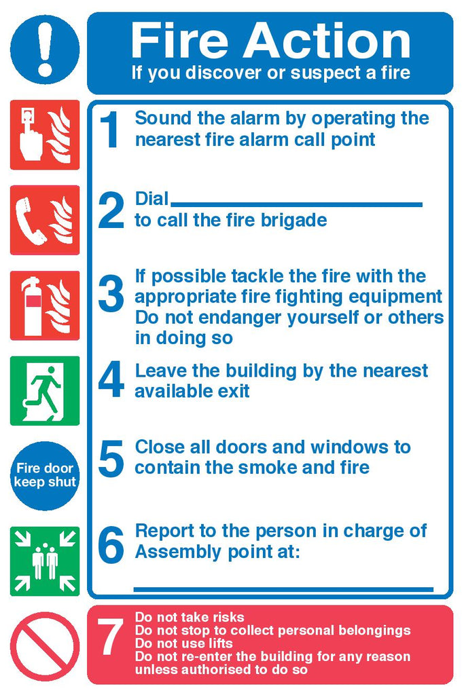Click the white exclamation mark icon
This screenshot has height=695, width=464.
pos(45,49)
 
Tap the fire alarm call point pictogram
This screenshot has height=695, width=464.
pos(45,135)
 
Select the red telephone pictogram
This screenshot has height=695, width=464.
pos(45,221)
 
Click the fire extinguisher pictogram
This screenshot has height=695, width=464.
pos(45,305)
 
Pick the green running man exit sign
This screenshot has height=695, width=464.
pos(45,391)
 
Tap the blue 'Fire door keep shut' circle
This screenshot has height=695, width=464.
pos(45,476)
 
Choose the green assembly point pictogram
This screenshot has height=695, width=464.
pos(45,561)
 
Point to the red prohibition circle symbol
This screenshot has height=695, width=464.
pos(45,647)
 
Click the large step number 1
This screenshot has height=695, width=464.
pos(109,130)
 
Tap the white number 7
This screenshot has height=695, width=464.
pos(110,637)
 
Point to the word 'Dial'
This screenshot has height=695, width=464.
pos(151,199)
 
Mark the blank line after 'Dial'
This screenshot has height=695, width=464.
pos(296,205)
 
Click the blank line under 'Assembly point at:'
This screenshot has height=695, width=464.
pos(283,589)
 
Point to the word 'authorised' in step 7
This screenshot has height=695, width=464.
pos(207,669)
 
